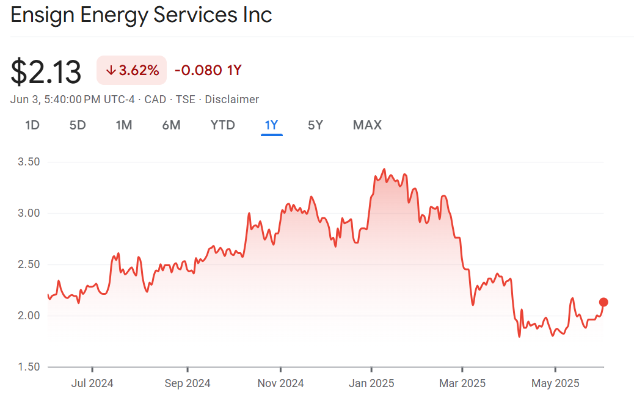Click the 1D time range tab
32,125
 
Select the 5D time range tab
78,125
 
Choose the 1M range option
124,125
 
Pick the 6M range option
171,125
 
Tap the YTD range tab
222,125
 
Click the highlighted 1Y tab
271,125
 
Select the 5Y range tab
315,125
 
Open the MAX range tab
367,125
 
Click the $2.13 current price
46,72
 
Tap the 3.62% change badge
132,70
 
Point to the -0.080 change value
198,70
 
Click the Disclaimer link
232,99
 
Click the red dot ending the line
603,302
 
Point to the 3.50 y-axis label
29,162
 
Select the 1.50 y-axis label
29,367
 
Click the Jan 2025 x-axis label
371,383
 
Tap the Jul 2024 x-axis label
92,383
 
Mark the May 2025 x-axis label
555,383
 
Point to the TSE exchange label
186,99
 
